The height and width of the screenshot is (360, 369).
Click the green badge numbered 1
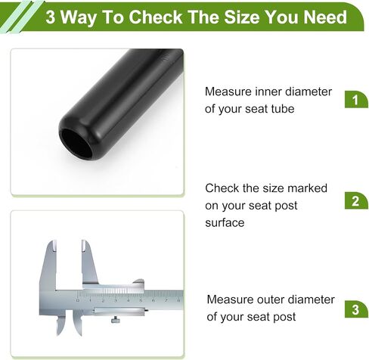[356, 99]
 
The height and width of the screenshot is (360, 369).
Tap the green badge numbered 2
[356, 200]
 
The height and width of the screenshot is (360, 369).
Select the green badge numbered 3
[356, 309]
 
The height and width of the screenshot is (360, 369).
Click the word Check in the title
[156, 17]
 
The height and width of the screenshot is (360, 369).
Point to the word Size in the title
[242, 17]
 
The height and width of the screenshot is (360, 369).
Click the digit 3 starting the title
[51, 17]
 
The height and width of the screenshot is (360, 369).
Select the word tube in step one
[282, 109]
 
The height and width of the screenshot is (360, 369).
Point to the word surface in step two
[225, 223]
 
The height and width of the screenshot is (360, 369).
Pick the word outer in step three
[271, 299]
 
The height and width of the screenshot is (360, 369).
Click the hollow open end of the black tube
[75, 143]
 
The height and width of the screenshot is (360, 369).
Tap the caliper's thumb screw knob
[116, 320]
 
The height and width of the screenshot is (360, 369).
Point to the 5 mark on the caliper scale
[141, 300]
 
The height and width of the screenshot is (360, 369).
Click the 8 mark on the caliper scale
[178, 300]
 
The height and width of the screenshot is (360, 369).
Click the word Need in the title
[325, 17]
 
